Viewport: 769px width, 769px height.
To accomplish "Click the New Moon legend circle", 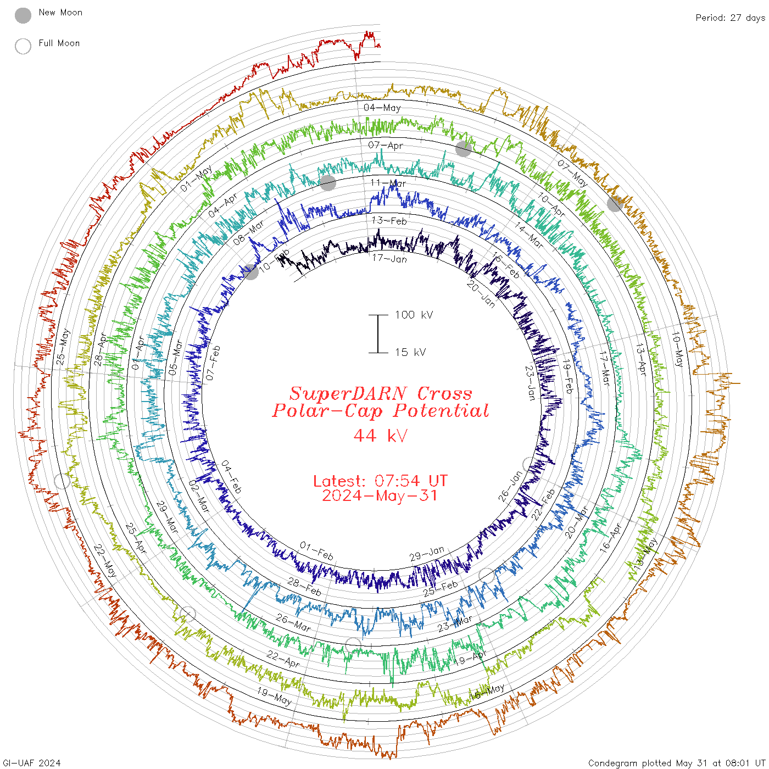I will click(x=23, y=16).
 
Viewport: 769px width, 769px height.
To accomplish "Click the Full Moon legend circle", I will click(x=23, y=46).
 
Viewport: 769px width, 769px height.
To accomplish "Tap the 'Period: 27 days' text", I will click(x=730, y=18).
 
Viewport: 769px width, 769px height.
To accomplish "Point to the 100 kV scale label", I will click(x=414, y=315).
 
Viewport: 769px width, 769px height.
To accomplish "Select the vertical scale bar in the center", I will click(x=378, y=334).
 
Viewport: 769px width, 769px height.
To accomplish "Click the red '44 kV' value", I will click(x=380, y=436).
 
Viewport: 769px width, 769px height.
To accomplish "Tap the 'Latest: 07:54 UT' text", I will click(x=380, y=481).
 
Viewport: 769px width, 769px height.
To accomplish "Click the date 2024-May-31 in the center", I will click(x=380, y=495).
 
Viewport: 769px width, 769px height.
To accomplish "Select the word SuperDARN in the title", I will click(x=348, y=393).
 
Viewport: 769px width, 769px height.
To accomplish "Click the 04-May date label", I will click(x=382, y=108).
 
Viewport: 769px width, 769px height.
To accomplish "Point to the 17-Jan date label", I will click(x=389, y=258).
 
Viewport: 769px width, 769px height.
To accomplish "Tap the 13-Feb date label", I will click(x=389, y=221).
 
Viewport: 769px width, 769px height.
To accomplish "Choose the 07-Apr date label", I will click(x=386, y=146).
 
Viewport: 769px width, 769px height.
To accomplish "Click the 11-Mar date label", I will click(x=388, y=183).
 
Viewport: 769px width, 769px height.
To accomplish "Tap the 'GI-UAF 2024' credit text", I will click(x=32, y=763).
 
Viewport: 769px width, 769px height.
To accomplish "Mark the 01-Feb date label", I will click(x=316, y=550).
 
